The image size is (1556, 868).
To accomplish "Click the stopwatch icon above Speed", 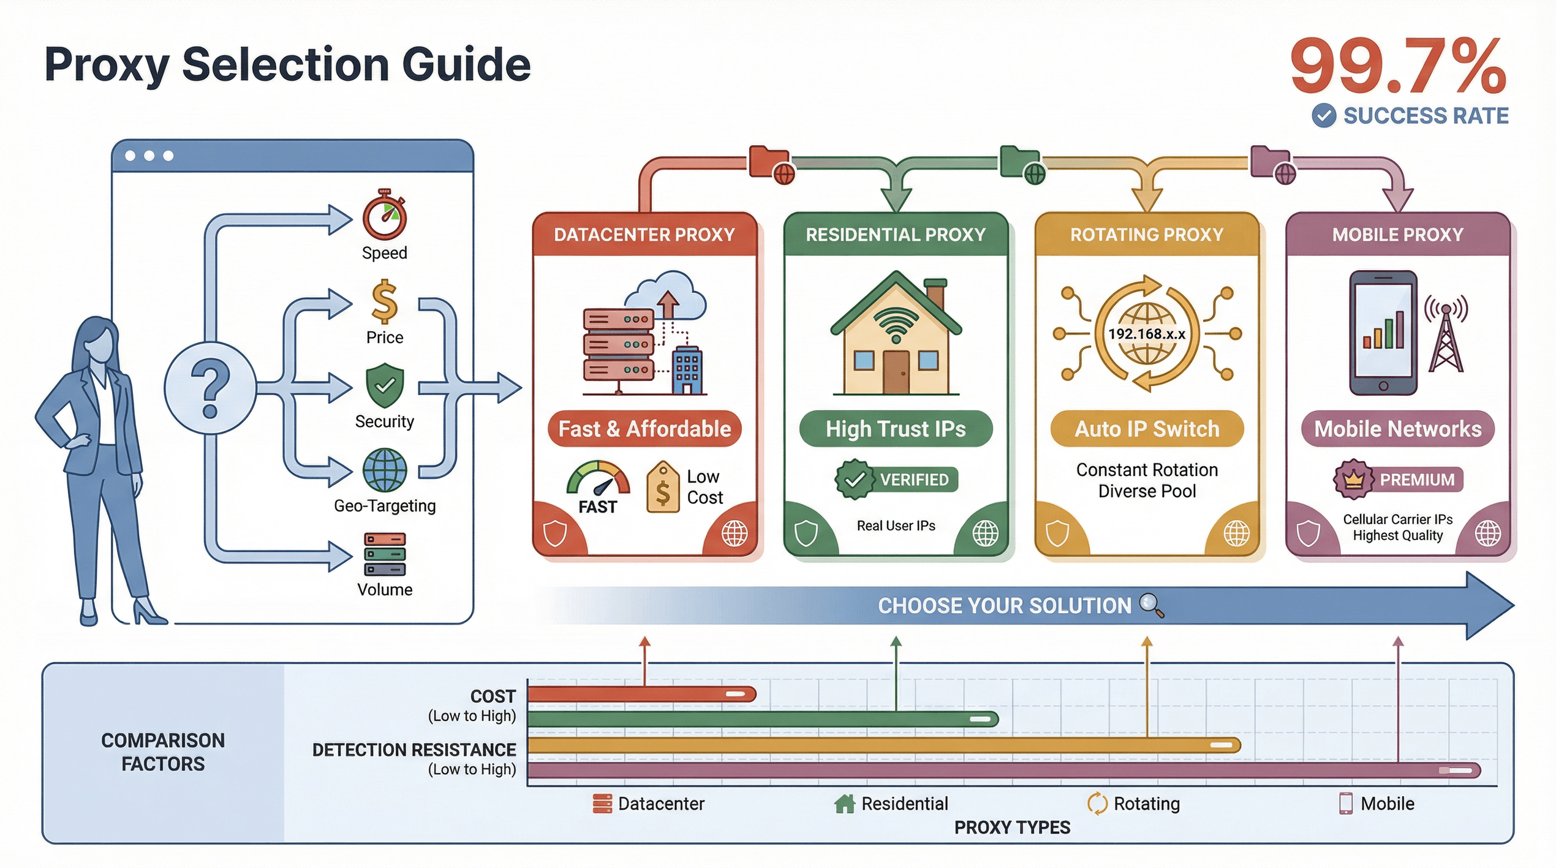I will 385,216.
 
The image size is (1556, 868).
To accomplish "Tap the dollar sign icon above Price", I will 385,301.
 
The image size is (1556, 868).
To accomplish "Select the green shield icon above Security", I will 385,385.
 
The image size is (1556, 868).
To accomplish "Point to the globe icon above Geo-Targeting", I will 385,470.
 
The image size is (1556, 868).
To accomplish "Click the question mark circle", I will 210,388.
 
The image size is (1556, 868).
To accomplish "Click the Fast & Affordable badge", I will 644,429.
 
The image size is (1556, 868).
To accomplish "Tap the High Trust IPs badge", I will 896,429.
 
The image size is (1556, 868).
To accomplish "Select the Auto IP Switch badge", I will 1147,429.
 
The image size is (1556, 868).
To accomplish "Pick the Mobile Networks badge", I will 1397,429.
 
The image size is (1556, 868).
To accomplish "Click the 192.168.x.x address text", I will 1147,334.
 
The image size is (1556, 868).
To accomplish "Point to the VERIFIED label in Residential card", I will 914,480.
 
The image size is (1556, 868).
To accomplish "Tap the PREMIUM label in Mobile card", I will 1416,480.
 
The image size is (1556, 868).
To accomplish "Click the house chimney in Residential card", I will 935,293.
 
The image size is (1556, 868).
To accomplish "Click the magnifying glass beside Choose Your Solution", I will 1152,605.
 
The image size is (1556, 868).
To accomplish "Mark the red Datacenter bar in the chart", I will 641,694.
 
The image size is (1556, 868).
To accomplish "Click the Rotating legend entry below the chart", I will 1134,804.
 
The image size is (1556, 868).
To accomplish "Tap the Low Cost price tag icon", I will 663,488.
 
